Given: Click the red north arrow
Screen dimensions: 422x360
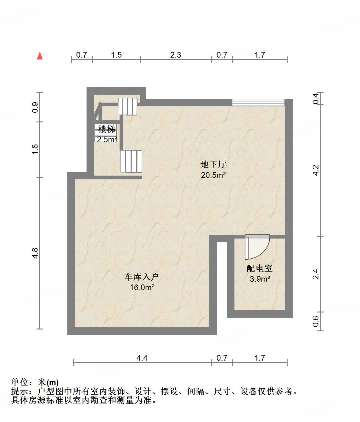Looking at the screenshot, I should coord(40,56).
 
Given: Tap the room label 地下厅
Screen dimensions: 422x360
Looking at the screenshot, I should coord(213,164).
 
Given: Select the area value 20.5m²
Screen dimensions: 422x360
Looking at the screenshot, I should coord(213,175).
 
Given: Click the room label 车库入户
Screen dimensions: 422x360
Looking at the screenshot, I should coord(142,277).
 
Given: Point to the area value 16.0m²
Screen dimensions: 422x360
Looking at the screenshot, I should coord(142,287).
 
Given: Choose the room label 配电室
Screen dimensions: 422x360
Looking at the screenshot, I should coord(259,268).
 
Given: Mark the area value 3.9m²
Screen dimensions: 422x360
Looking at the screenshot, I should coord(260,279).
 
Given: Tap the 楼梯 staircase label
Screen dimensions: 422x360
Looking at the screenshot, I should coord(107,129).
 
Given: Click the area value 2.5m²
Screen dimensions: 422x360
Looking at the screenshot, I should coord(107,139).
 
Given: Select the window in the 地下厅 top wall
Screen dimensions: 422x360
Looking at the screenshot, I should coord(258,102).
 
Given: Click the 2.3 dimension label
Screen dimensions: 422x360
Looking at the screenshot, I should coord(176,55).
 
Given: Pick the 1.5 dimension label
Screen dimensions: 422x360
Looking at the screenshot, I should coord(116,55).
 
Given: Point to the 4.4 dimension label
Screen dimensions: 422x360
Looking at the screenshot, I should coord(142,358).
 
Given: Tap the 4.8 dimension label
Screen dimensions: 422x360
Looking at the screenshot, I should coord(35,253).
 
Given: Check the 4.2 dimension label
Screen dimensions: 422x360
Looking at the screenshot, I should coord(316,170).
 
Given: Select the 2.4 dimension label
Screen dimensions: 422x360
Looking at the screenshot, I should coord(316,274).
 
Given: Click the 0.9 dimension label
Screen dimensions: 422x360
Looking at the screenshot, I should coord(35,107).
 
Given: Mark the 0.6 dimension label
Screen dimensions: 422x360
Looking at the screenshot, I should coord(316,321).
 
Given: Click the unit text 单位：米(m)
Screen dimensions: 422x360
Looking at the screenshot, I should coord(35,382).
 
